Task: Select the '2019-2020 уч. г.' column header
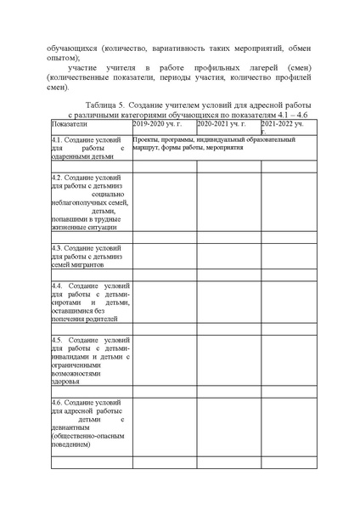coord(157,125)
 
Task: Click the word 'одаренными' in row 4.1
coord(69,157)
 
